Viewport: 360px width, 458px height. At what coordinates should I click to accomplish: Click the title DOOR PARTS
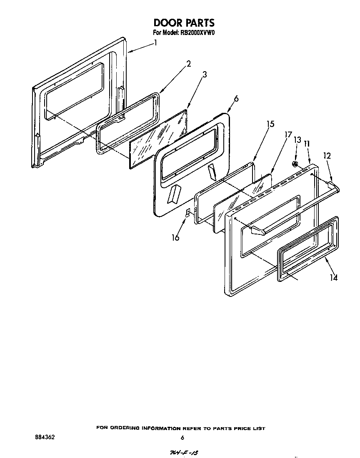click(184, 22)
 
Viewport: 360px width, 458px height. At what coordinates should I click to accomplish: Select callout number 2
click(188, 64)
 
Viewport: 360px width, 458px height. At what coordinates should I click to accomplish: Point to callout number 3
click(205, 75)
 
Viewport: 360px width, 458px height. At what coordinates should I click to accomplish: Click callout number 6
click(236, 99)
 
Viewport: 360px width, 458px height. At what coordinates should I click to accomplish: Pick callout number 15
click(270, 124)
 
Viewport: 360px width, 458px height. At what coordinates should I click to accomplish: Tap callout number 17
click(287, 135)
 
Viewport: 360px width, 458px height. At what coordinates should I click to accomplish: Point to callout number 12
click(327, 156)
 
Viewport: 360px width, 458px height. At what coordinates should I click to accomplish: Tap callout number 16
click(175, 237)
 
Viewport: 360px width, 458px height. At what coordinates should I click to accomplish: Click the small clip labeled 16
click(188, 212)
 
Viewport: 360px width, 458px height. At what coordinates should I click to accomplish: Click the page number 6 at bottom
click(182, 438)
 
